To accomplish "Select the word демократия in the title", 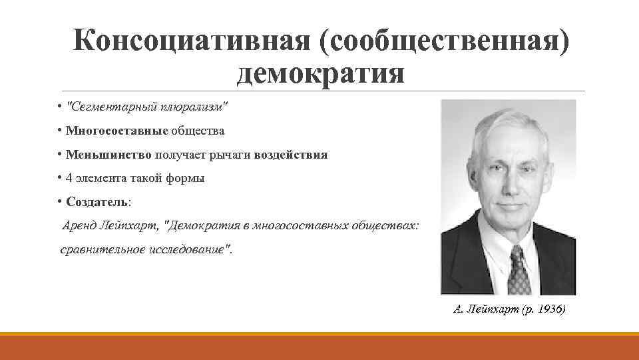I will tap(320, 73).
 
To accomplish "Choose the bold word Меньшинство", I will tap(109, 155).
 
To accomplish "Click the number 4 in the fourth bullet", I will tap(70, 179).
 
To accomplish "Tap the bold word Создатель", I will tap(97, 202).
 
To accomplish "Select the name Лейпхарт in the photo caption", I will tap(489, 309).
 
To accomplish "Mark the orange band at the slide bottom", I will tap(319, 347).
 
